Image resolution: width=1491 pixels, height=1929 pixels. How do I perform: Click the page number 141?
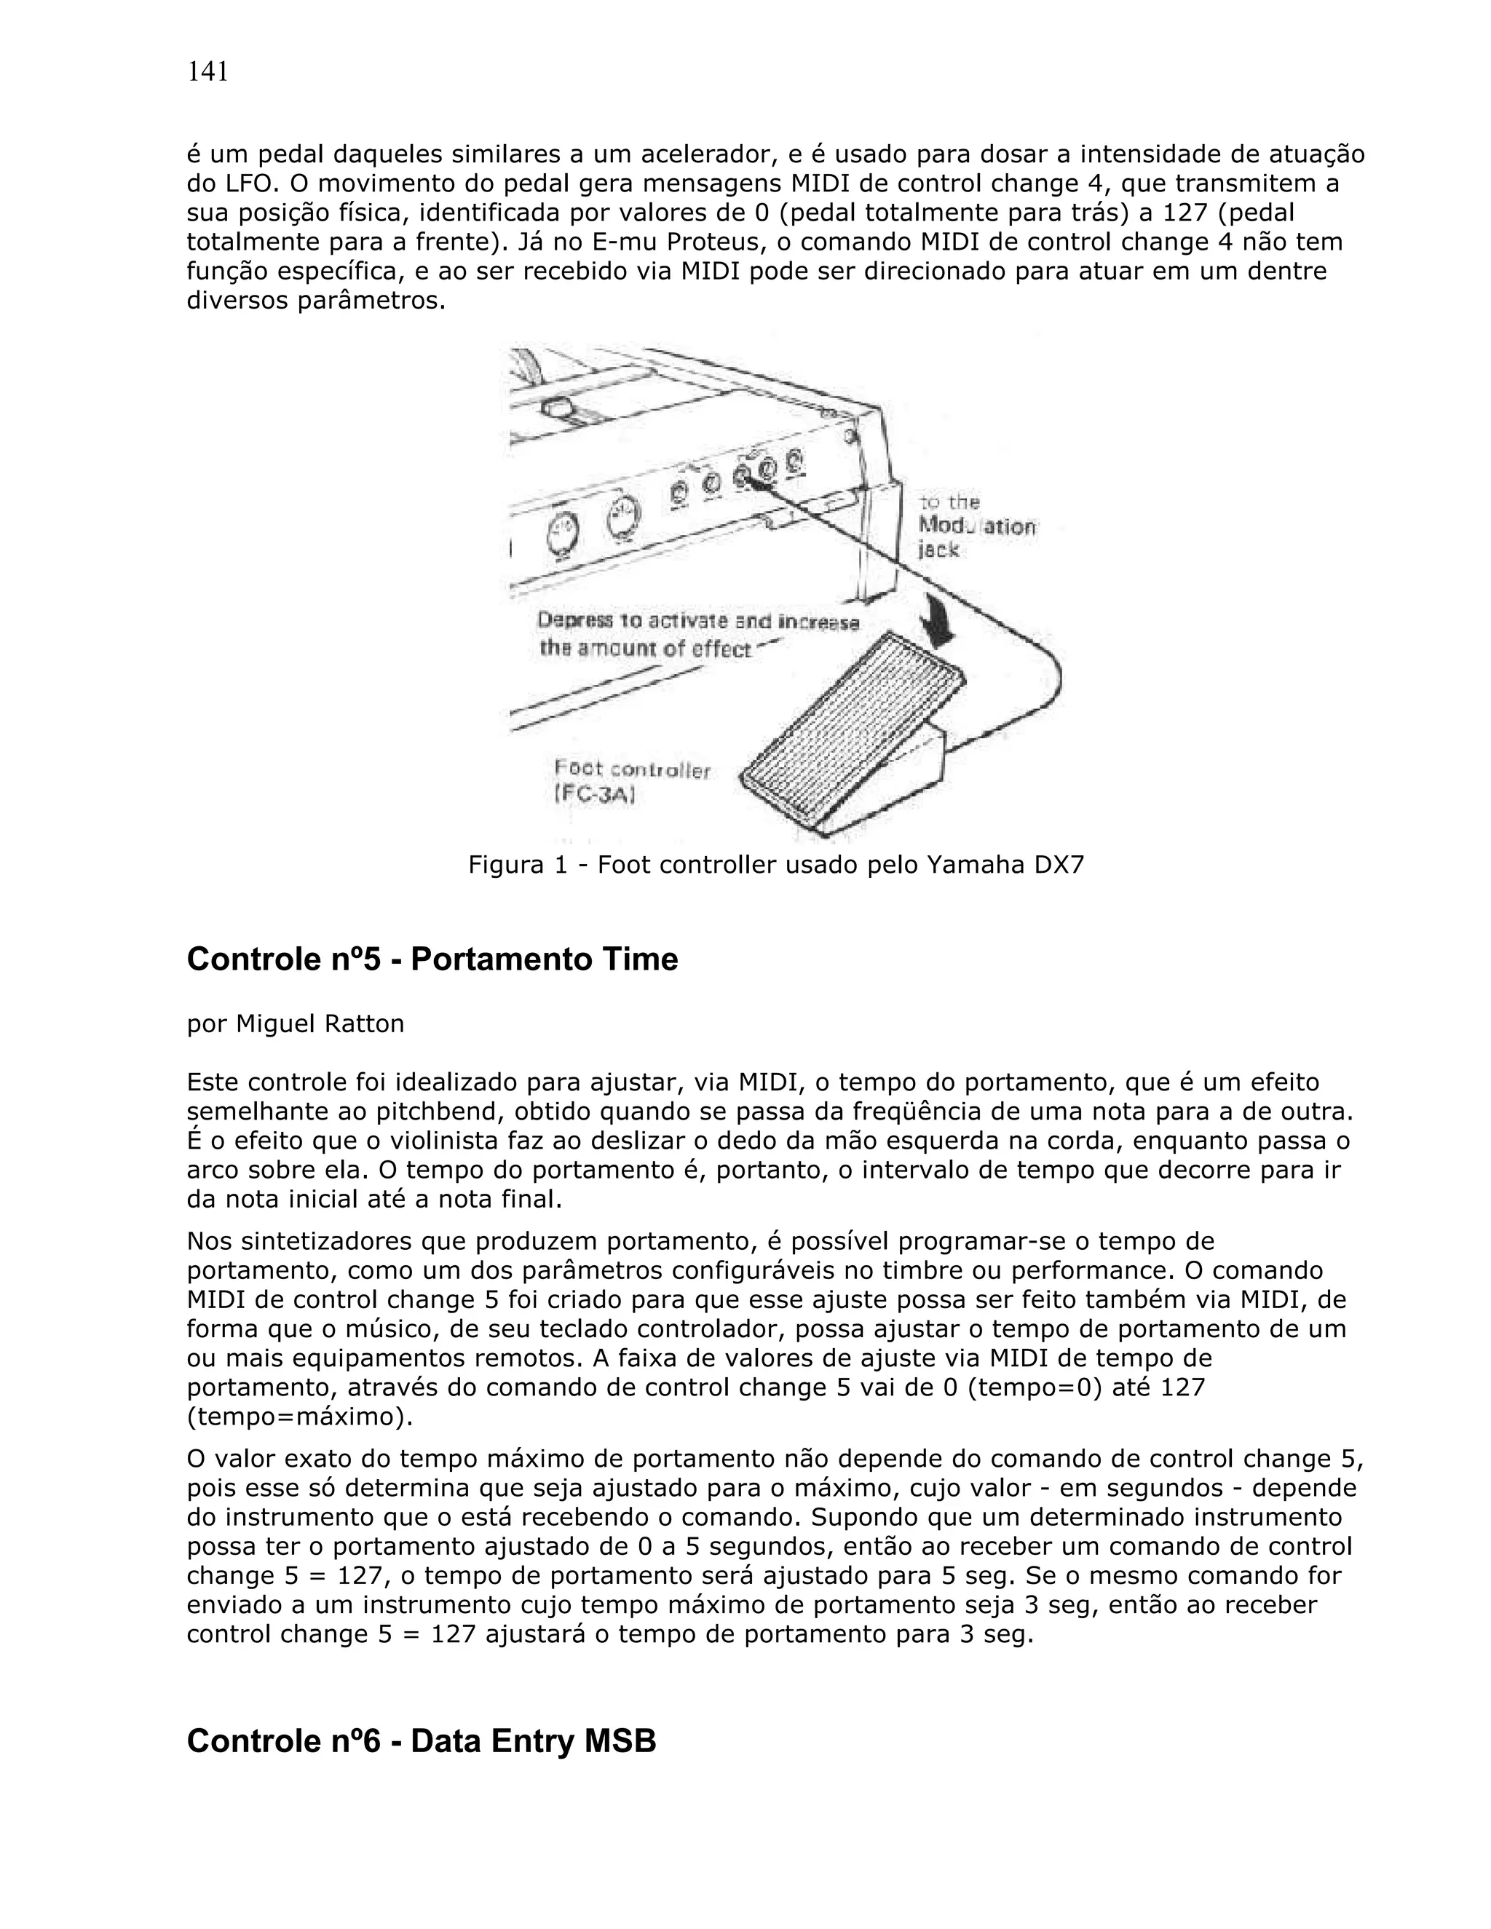point(207,71)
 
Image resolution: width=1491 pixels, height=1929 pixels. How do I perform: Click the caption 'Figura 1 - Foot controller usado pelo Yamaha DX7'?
point(775,864)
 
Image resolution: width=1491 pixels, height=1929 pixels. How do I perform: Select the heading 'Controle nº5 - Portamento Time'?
point(432,959)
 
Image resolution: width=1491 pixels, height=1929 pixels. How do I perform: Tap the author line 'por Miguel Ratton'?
point(295,1023)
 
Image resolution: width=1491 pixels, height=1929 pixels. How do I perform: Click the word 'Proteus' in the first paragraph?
point(750,242)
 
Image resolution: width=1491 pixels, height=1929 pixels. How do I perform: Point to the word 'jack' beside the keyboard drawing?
point(937,550)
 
